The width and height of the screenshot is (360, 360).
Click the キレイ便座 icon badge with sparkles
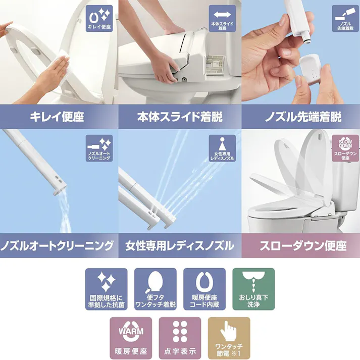click(99, 18)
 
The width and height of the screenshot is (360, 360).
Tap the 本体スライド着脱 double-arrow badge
click(222, 18)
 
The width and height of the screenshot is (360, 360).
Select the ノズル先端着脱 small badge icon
click(345, 18)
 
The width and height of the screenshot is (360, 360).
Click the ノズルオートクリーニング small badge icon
click(99, 148)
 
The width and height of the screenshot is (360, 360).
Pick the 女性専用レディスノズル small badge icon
click(222, 148)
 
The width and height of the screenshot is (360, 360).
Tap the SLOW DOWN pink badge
click(345, 148)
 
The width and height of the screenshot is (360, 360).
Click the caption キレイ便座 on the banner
click(57, 117)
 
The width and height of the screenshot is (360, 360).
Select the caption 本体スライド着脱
click(180, 117)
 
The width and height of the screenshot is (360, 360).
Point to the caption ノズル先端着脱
click(303, 117)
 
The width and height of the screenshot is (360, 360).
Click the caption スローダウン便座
click(303, 246)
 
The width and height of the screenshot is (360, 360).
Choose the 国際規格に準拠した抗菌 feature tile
click(107, 289)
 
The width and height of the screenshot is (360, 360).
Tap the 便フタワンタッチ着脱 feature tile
click(156, 289)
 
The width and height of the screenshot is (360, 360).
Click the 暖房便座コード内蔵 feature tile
click(204, 289)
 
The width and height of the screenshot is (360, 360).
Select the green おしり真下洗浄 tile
click(253, 289)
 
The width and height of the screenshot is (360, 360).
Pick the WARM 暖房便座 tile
click(131, 338)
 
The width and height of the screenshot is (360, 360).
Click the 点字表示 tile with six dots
click(180, 338)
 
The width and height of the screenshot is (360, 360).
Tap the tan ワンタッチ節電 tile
click(229, 338)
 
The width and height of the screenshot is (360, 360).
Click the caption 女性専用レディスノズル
click(180, 246)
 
